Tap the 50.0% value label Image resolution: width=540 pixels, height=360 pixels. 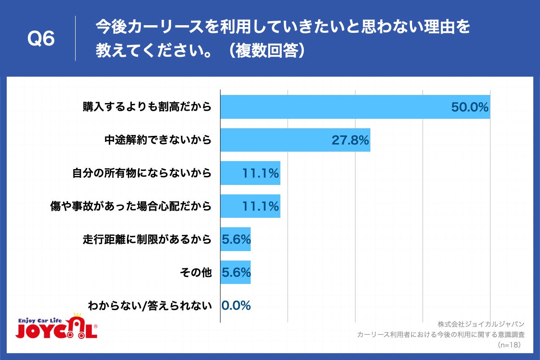pos(469,108)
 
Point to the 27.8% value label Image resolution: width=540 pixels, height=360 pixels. pos(350,140)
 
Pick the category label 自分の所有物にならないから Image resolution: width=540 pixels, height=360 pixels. pos(142,173)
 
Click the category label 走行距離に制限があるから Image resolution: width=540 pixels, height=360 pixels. pos(147,239)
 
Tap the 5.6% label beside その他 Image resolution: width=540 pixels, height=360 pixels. pos(236,273)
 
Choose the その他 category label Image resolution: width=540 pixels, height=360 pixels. pos(195,273)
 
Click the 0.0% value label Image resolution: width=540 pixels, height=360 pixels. pos(236,306)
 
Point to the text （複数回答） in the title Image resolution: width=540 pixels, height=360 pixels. pos(265,51)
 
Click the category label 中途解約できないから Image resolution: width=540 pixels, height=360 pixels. pos(158,140)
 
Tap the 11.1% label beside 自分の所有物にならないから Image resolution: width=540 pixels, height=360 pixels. pos(261,173)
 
